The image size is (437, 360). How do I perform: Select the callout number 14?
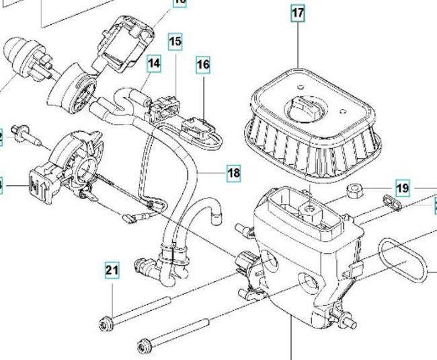[154, 64]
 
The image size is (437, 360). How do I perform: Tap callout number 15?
[175, 42]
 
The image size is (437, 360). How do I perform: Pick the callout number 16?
[203, 65]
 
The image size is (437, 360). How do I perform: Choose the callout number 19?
[402, 188]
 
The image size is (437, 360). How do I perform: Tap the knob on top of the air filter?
[307, 108]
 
